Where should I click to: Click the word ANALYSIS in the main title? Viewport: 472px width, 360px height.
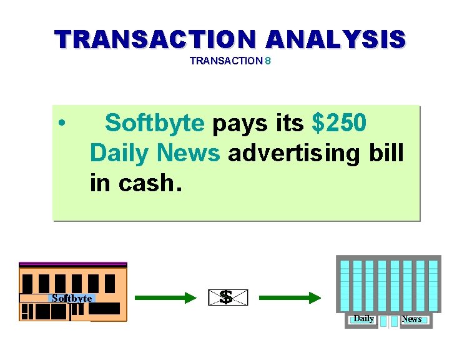pyautogui.click(x=335, y=39)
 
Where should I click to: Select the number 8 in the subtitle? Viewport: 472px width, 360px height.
pyautogui.click(x=267, y=61)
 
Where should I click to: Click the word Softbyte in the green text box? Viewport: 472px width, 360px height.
pyautogui.click(x=154, y=123)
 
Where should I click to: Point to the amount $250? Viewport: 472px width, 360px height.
pyautogui.click(x=339, y=123)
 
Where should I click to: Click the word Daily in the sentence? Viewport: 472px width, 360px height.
pyautogui.click(x=120, y=152)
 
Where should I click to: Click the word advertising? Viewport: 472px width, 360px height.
pyautogui.click(x=291, y=152)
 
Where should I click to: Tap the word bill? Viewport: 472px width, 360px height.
pyautogui.click(x=385, y=152)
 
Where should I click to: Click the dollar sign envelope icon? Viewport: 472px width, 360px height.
pyautogui.click(x=227, y=298)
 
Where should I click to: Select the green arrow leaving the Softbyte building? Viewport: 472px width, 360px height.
pyautogui.click(x=165, y=298)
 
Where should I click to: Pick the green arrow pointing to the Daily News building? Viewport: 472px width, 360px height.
pyautogui.click(x=290, y=298)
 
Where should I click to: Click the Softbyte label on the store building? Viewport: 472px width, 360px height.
pyautogui.click(x=72, y=298)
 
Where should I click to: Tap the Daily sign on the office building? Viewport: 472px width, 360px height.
pyautogui.click(x=363, y=319)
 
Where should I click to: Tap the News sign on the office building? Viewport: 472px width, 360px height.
pyautogui.click(x=411, y=319)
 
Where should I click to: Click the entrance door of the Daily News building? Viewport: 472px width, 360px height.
pyautogui.click(x=388, y=321)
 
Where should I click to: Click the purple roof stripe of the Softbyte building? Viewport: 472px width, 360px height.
pyautogui.click(x=72, y=264)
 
